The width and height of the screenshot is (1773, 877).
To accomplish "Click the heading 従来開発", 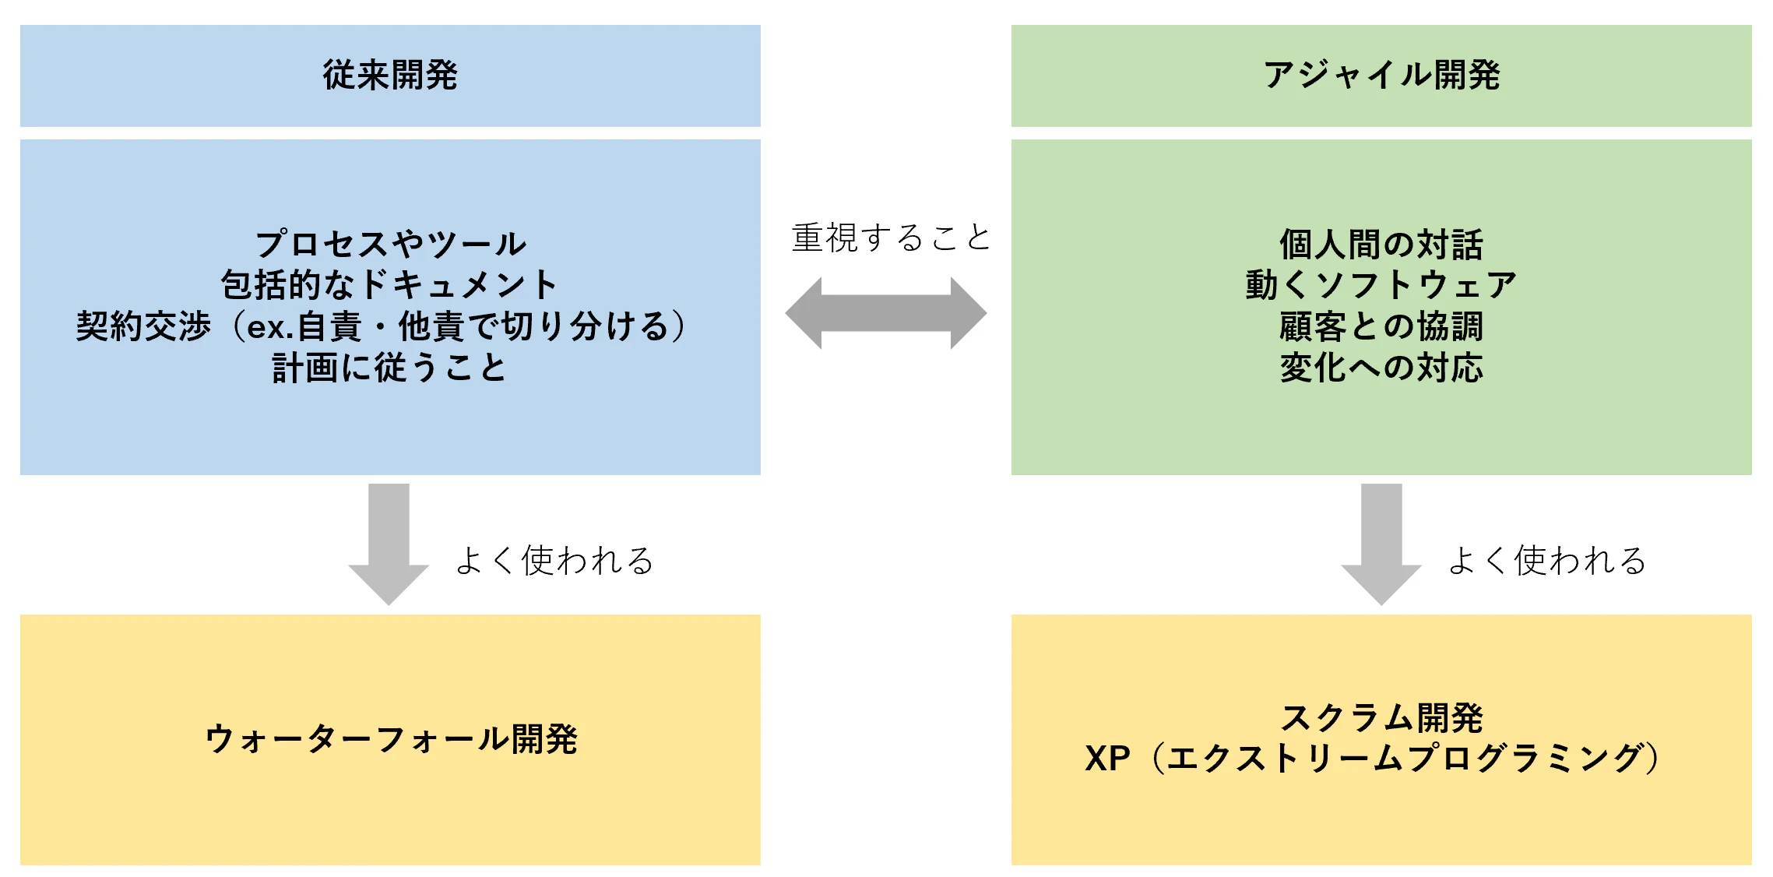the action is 390,75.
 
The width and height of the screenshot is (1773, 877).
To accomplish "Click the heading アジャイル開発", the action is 1381,75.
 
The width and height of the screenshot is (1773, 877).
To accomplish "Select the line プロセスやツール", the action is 391,244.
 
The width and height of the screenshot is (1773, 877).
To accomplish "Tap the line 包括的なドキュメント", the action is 389,284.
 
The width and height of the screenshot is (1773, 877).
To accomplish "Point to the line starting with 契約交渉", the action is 381,326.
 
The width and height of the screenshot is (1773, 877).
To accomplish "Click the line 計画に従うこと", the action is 389,367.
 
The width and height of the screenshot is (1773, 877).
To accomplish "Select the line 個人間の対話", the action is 1381,244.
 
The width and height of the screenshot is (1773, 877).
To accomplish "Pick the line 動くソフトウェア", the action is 1381,284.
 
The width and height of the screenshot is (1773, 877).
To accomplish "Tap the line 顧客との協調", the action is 1381,326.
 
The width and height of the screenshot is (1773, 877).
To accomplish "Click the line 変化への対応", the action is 1381,367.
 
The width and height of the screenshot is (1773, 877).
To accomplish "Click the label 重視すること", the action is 891,238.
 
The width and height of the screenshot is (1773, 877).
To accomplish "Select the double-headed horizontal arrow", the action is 886,313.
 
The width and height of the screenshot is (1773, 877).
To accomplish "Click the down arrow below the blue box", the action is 389,544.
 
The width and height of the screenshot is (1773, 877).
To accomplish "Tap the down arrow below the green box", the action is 1381,544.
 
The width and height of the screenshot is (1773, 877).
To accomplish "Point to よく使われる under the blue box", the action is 554,560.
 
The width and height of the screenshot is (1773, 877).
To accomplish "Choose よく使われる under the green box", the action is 1547,560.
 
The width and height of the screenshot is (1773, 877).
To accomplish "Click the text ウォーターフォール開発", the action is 391,739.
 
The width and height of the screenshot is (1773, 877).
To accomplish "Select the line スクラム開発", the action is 1381,718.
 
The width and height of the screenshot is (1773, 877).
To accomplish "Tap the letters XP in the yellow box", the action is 1107,759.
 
